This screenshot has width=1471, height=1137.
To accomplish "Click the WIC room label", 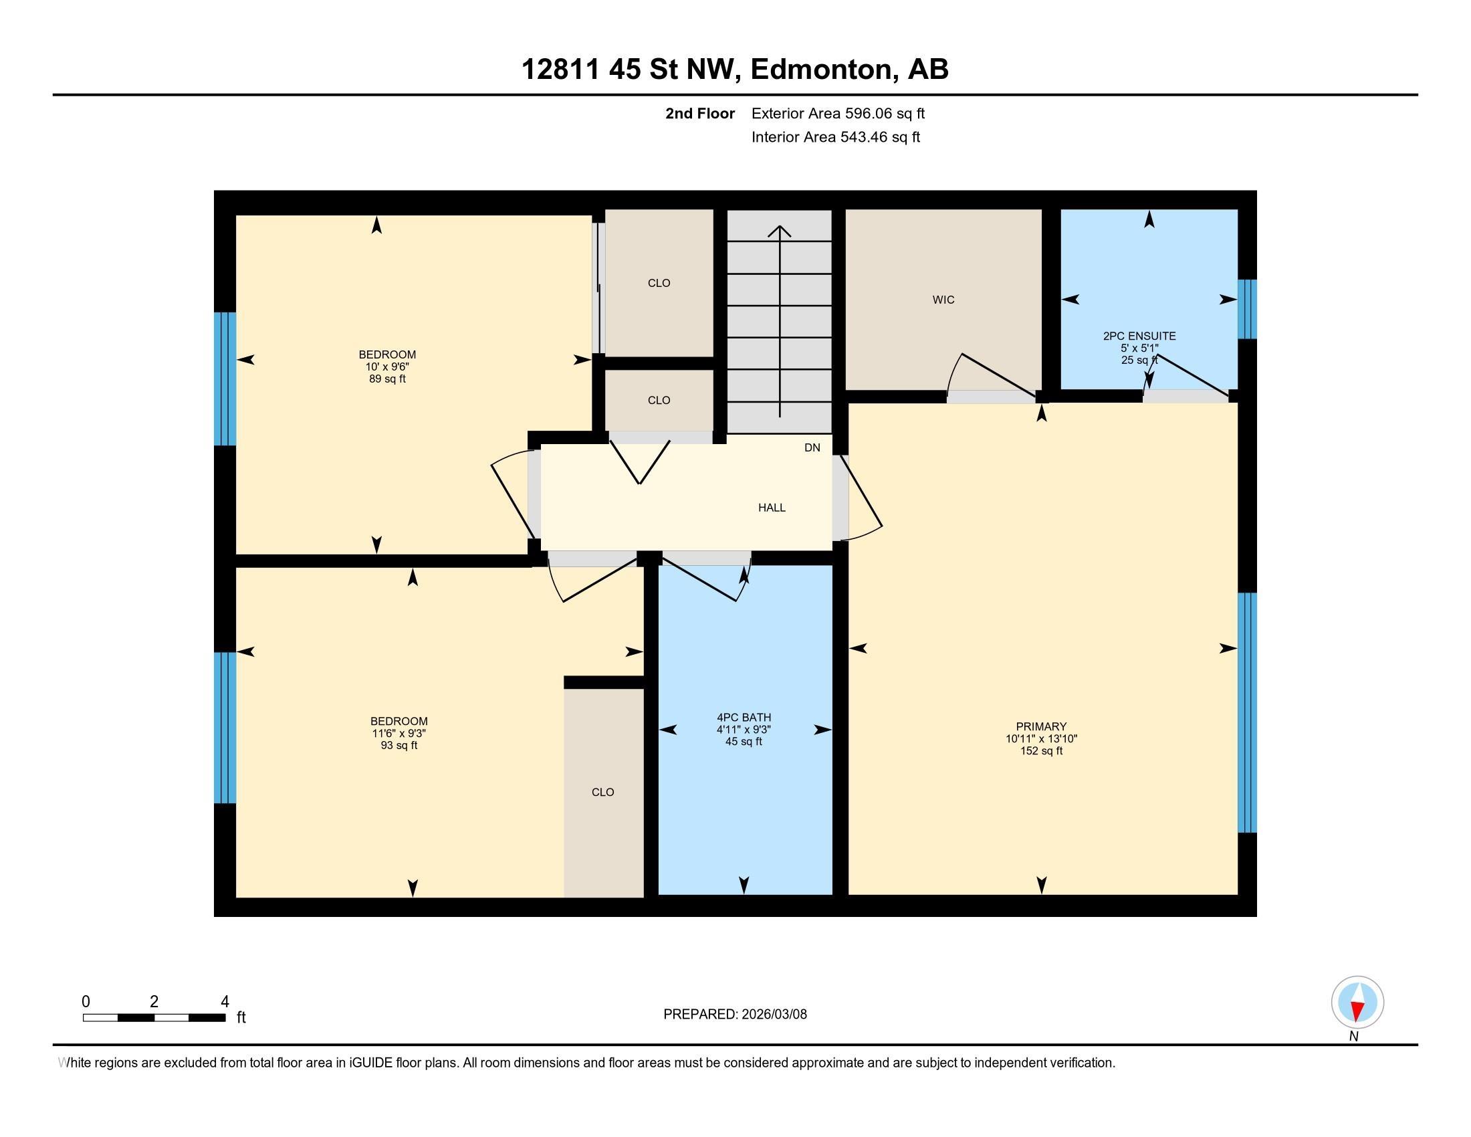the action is [x=943, y=300].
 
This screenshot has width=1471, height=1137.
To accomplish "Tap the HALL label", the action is [x=772, y=508].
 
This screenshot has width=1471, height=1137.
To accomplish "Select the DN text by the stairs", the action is [x=812, y=447].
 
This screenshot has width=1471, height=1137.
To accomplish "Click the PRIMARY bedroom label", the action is [x=1041, y=726].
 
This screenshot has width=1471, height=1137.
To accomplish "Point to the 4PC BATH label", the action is [x=744, y=718].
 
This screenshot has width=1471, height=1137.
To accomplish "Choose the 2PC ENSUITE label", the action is [x=1139, y=336].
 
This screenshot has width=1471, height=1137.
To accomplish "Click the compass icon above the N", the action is [x=1357, y=1003].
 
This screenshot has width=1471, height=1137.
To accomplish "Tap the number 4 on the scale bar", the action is [x=225, y=1002].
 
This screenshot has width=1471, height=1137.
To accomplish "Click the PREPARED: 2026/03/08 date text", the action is [x=735, y=1015].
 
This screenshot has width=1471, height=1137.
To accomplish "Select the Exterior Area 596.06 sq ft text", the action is [x=838, y=113].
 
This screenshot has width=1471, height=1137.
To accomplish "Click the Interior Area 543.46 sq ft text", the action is [x=836, y=136].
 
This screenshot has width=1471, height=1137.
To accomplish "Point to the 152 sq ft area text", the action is [x=1041, y=750].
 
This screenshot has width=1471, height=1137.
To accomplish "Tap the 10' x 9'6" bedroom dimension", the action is [x=387, y=367].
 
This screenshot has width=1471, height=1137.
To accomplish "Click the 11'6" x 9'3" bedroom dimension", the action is [x=399, y=733].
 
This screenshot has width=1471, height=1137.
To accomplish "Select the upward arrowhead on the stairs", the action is [x=780, y=231].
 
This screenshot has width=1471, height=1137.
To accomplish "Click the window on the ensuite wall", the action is [x=1248, y=309].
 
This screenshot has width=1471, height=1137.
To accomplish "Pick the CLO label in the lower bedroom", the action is [x=603, y=792].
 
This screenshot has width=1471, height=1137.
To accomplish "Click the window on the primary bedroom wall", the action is [x=1248, y=713].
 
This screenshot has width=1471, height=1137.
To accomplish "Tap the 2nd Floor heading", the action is [x=700, y=113].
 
